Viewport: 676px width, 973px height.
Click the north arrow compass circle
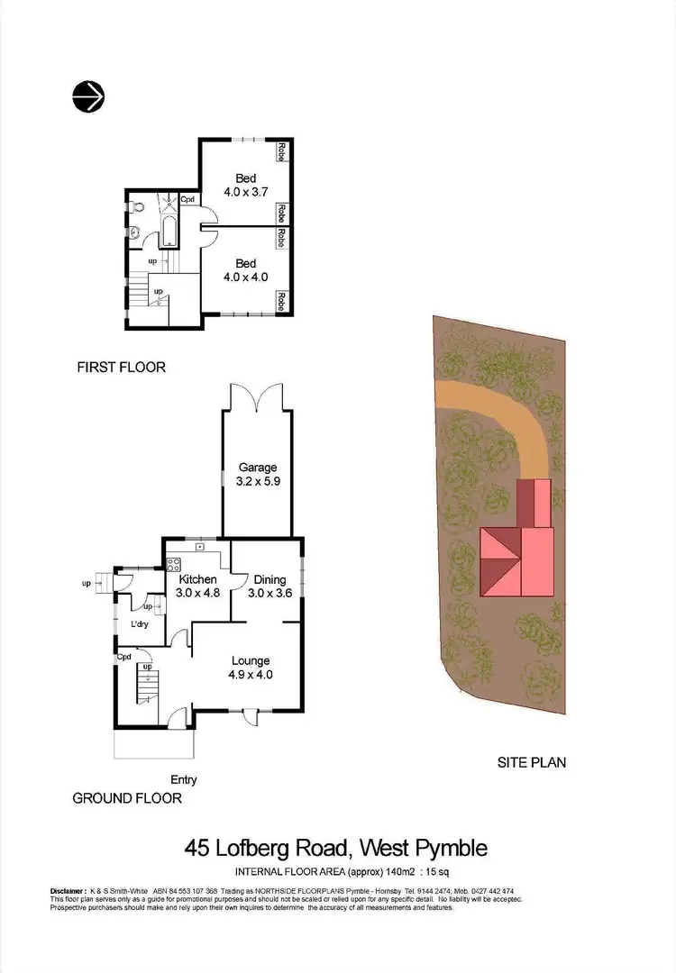click(x=88, y=95)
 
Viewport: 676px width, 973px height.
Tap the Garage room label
click(x=258, y=468)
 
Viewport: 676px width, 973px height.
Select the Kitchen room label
click(x=197, y=579)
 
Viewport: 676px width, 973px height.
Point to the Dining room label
click(x=269, y=579)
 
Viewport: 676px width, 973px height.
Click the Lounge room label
click(x=251, y=660)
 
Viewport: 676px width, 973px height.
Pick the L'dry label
click(x=140, y=624)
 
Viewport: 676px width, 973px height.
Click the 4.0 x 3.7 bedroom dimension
click(x=246, y=192)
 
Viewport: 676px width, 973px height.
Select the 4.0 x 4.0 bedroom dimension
click(x=246, y=277)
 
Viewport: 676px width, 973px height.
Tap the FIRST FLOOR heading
click(x=122, y=368)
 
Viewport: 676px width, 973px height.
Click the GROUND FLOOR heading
click(x=127, y=798)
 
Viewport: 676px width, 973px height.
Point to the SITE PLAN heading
click(x=532, y=762)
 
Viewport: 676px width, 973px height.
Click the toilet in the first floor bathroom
click(x=135, y=206)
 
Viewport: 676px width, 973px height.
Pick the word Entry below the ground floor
click(x=183, y=780)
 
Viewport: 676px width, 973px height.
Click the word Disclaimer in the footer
click(x=69, y=890)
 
